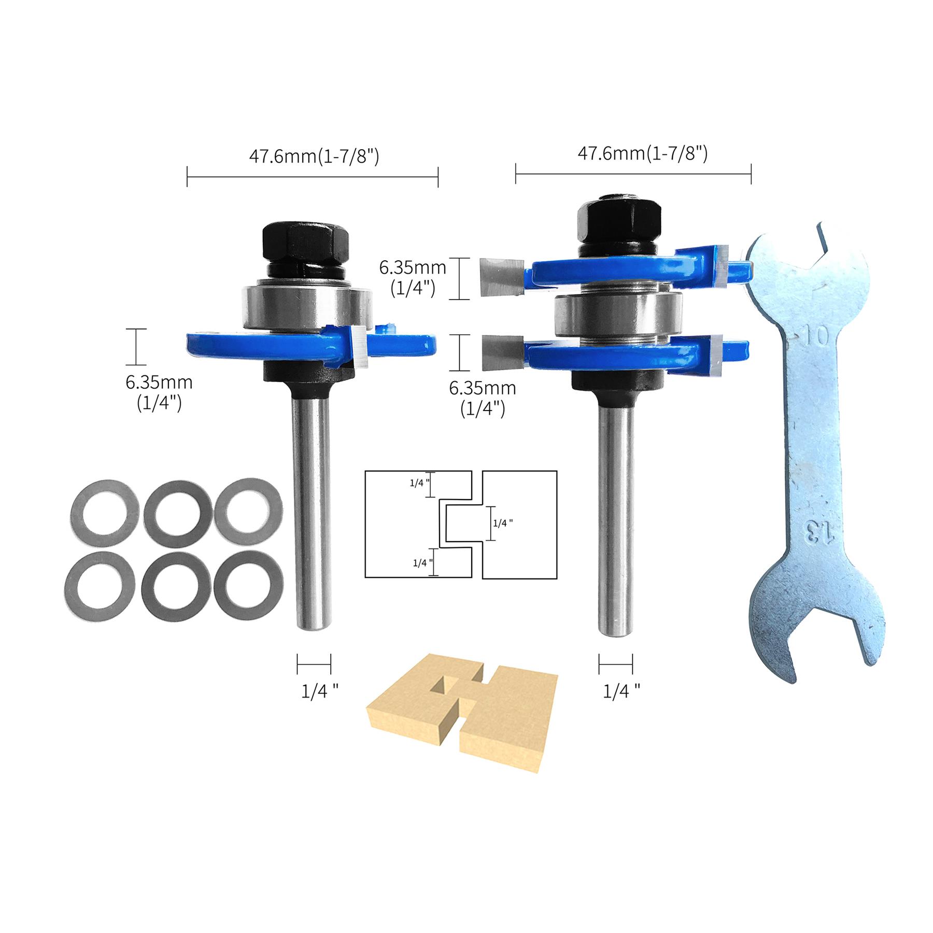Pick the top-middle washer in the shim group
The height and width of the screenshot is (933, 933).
click(x=178, y=511)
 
